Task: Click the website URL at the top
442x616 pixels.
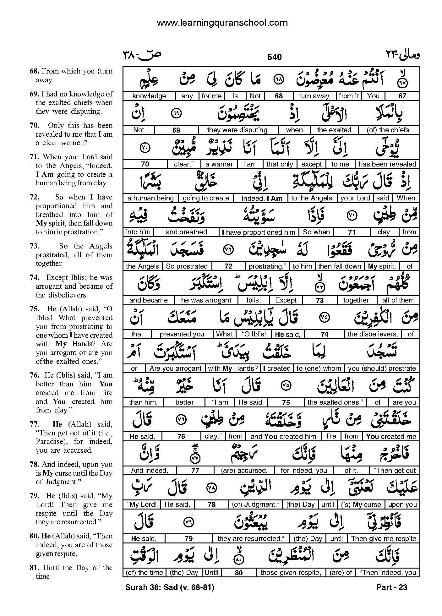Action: [222, 23]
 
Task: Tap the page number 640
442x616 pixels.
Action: [274, 57]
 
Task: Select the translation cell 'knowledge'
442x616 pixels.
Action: [149, 96]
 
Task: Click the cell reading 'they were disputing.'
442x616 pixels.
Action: [238, 130]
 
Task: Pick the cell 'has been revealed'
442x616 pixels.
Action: [387, 164]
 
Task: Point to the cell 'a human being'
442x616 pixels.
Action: [150, 198]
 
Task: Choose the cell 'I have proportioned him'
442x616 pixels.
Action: [259, 232]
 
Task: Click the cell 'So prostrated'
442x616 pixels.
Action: [187, 266]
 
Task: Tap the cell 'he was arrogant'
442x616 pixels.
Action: [206, 300]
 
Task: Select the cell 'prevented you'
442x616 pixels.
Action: [182, 334]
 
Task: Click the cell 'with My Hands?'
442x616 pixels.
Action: [233, 368]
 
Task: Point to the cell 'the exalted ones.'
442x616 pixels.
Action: [335, 402]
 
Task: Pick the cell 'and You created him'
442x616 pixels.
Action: [283, 436]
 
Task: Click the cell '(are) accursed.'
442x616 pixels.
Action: [244, 471]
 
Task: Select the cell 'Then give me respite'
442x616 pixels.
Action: [384, 538]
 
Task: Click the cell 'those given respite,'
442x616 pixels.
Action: [291, 573]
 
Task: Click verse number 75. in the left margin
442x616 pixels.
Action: [34, 309]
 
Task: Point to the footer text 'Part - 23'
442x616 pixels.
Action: [391, 587]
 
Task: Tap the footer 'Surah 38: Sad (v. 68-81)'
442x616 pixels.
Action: [170, 587]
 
